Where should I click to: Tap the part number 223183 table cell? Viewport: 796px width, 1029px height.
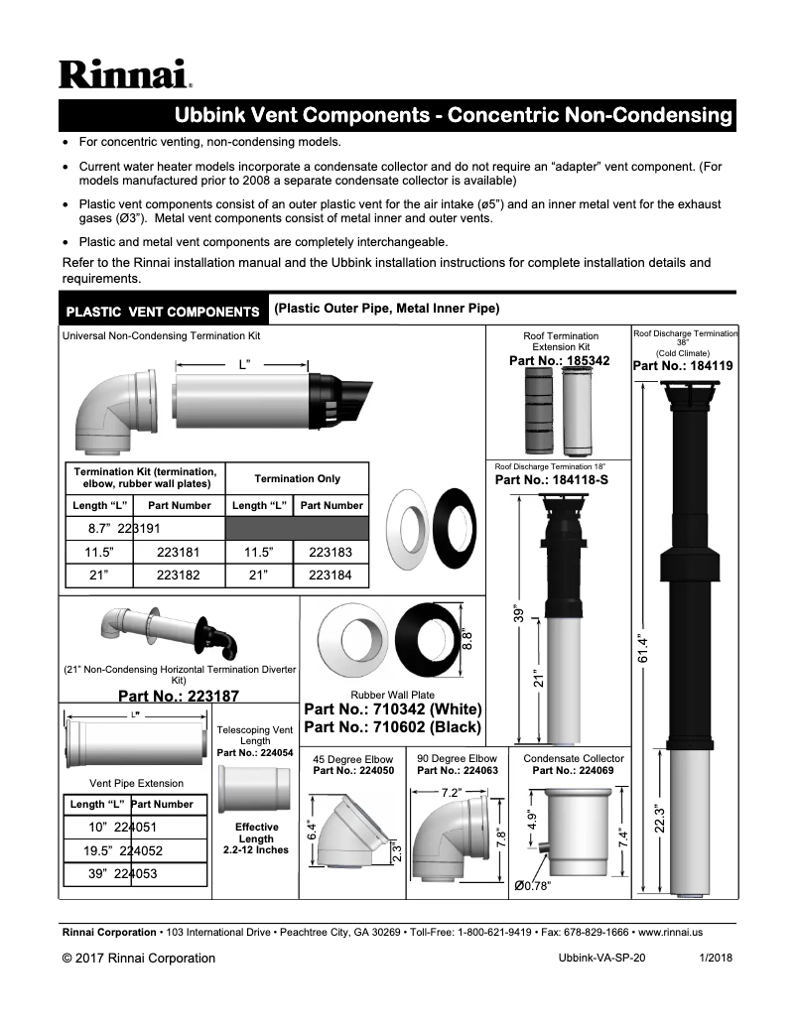pyautogui.click(x=331, y=552)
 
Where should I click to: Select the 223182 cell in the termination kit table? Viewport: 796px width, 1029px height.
pyautogui.click(x=179, y=575)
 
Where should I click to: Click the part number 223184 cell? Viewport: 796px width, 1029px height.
pyautogui.click(x=331, y=575)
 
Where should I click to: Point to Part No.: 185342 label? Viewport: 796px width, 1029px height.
pyautogui.click(x=560, y=361)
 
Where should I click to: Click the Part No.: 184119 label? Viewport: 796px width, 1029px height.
pyautogui.click(x=683, y=365)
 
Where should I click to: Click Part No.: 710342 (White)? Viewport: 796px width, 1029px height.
pyautogui.click(x=393, y=709)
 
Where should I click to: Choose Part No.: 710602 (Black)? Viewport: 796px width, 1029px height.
pyautogui.click(x=393, y=727)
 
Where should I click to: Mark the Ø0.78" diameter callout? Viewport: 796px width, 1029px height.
pyautogui.click(x=533, y=885)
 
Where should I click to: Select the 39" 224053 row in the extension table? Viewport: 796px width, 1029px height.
pyautogui.click(x=134, y=874)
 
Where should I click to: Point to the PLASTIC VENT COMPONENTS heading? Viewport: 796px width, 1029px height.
pyautogui.click(x=162, y=312)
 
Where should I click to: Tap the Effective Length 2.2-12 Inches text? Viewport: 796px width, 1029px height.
pyautogui.click(x=256, y=838)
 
